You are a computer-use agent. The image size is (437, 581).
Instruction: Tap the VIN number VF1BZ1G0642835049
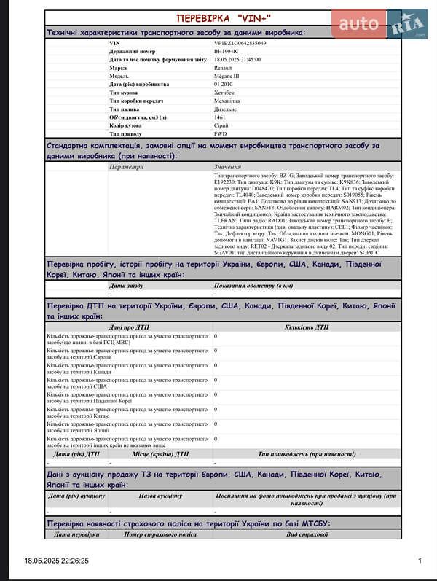[240, 44]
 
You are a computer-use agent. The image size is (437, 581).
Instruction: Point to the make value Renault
[224, 68]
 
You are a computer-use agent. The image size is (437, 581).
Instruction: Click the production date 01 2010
[224, 85]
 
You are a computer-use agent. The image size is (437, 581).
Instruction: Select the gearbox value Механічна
[228, 101]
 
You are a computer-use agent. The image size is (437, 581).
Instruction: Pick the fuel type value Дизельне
[226, 109]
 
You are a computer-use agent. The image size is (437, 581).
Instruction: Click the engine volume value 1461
[220, 117]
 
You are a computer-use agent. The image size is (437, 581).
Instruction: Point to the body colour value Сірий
[221, 126]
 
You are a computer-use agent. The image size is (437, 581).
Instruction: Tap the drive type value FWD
[221, 134]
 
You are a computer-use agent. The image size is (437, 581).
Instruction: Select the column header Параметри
[127, 167]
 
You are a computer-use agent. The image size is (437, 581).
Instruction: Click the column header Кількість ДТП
[307, 328]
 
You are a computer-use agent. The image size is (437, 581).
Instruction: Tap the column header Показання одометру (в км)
[253, 286]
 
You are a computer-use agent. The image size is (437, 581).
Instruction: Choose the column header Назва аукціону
[161, 496]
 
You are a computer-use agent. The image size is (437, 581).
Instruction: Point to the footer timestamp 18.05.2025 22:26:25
[57, 561]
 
